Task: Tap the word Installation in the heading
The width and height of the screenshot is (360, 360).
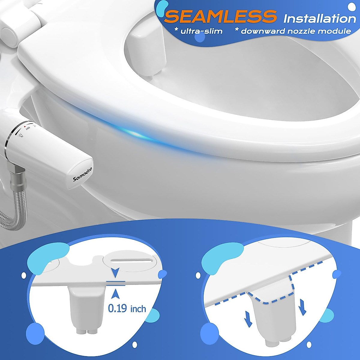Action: point(319,19)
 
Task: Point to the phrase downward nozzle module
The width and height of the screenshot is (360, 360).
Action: point(296,31)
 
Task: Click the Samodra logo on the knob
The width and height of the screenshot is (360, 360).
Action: point(83,174)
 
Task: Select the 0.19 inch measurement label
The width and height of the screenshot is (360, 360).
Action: point(127,308)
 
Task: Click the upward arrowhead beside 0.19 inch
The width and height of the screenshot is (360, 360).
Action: point(115,295)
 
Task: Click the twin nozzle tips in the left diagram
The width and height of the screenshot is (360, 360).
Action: point(86,331)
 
